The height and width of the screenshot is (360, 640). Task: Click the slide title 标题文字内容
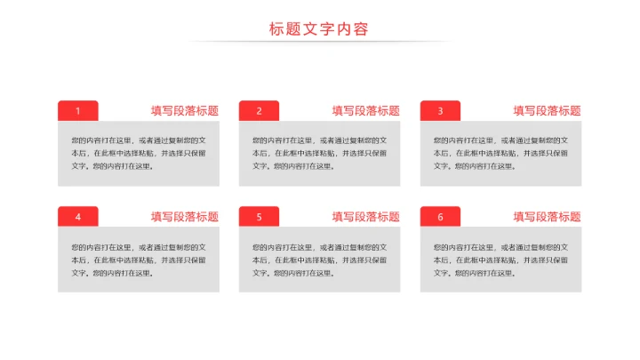[319, 28]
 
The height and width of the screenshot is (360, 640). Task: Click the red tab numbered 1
[78, 111]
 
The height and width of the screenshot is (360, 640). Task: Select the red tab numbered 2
[259, 111]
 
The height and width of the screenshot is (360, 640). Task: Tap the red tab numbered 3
[440, 111]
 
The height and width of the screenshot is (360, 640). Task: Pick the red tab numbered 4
[78, 217]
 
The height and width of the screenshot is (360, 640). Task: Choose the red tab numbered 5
[259, 217]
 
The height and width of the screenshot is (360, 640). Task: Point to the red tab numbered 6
[440, 217]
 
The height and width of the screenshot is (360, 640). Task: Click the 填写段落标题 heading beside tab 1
[184, 111]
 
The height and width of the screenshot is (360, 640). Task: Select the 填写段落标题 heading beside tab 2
[365, 111]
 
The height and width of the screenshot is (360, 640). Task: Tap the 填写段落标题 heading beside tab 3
[547, 111]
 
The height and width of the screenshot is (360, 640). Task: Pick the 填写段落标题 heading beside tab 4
[184, 217]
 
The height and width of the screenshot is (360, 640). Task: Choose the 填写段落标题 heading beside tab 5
[365, 217]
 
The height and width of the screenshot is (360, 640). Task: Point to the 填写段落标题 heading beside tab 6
[547, 217]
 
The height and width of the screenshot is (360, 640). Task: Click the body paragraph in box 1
[139, 153]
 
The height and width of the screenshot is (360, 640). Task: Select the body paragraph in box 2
[320, 153]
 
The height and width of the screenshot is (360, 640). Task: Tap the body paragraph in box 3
[501, 153]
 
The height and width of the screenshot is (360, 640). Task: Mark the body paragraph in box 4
[139, 260]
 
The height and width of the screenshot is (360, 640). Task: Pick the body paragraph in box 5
[320, 260]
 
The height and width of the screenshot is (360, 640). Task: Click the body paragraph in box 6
[501, 260]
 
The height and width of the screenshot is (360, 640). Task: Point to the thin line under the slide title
[319, 42]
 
